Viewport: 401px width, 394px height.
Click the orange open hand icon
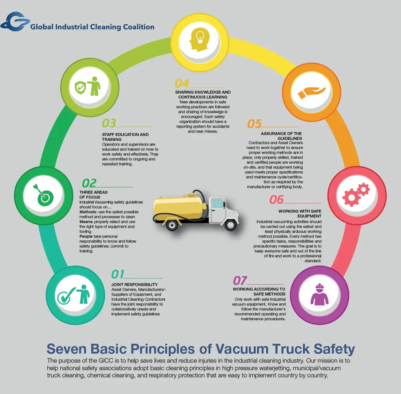(311, 93)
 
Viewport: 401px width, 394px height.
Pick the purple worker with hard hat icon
(320, 294)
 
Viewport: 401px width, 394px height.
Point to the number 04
(182, 84)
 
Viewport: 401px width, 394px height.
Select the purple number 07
(240, 280)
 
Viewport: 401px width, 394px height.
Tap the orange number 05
(254, 124)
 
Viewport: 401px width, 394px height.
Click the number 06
(276, 200)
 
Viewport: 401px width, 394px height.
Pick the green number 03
(109, 123)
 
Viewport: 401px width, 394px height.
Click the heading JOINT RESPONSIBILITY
(134, 285)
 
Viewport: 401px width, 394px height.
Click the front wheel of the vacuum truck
(231, 225)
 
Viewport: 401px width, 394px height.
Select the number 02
(89, 183)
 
